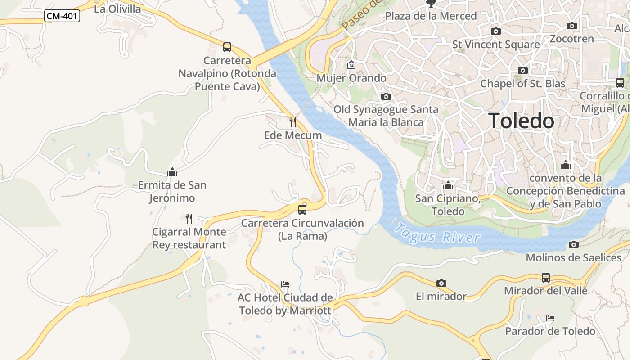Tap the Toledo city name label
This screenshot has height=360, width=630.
[521, 121]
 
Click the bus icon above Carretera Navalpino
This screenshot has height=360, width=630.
[227, 47]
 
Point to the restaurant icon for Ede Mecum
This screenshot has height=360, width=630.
[292, 121]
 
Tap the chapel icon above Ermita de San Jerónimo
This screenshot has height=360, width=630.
[172, 172]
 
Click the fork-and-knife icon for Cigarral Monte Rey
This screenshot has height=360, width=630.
[189, 219]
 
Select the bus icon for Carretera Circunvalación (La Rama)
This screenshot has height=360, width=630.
[302, 209]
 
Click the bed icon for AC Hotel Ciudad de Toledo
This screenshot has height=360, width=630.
[285, 284]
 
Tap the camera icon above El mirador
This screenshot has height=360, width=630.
[441, 283]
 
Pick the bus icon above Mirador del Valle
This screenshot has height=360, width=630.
[545, 277]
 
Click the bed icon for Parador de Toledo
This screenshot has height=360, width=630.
[550, 318]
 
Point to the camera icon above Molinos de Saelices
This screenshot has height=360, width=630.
[573, 244]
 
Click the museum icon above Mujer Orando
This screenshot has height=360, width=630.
[351, 65]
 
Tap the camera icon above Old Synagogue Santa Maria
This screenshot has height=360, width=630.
[386, 96]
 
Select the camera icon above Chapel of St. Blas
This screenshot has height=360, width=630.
[522, 70]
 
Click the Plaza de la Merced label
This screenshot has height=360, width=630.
[431, 16]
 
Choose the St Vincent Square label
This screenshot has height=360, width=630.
[495, 45]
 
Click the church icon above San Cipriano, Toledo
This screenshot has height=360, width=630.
[448, 185]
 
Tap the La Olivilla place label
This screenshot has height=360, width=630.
[117, 9]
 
